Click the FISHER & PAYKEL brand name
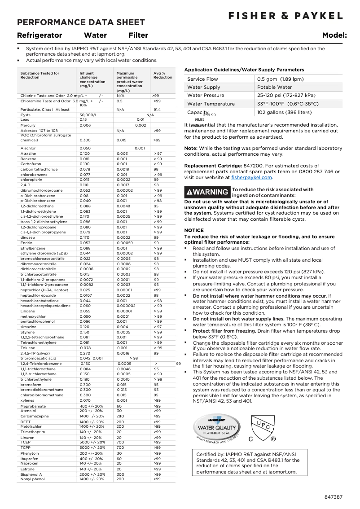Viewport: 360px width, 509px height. pos(285,16)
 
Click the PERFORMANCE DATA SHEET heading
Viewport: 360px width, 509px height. pos(81,22)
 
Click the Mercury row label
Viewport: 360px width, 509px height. pos(28,125)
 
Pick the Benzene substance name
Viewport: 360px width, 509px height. pos(28,159)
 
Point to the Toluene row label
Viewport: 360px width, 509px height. pos(28,348)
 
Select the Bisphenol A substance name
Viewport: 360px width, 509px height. pos(31,474)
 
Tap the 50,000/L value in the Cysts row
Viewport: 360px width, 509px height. pos(88,115)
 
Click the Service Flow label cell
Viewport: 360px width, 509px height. pos(202,79)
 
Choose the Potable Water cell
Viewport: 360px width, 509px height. pos(274,87)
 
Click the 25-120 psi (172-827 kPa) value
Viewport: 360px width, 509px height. pos(286,96)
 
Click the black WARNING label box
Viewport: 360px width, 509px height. pos(207,192)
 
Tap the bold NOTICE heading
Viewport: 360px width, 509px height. pos(194,230)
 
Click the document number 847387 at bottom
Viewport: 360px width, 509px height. pos(334,497)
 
